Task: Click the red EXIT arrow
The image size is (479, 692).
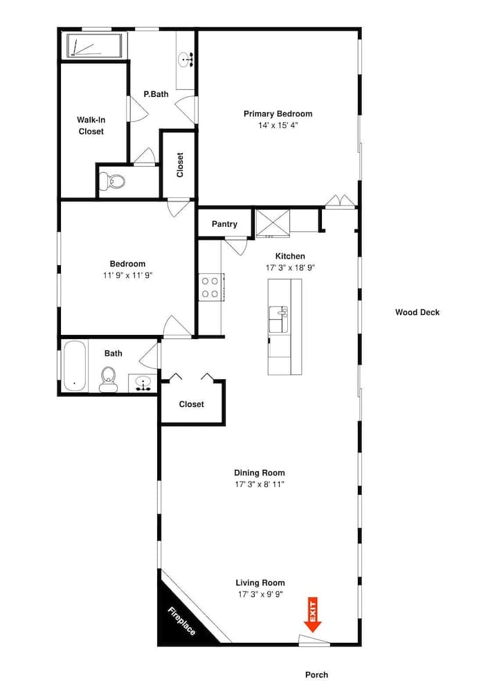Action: point(312,615)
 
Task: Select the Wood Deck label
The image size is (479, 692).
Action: point(417,312)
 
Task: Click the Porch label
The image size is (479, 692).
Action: point(316,675)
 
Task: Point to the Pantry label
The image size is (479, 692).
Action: point(224,224)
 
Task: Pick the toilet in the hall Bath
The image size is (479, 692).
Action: point(108,379)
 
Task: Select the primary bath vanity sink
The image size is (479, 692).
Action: point(186,60)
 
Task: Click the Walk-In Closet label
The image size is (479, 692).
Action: point(91,125)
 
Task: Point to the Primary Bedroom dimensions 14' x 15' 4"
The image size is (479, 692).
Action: point(278,125)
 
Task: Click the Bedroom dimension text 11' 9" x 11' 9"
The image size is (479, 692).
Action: point(127,275)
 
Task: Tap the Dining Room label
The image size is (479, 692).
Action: point(259,473)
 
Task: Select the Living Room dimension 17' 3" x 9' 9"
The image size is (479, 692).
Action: point(260,594)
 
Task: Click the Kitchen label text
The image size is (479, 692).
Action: point(290,256)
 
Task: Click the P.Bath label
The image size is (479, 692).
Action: point(156,94)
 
